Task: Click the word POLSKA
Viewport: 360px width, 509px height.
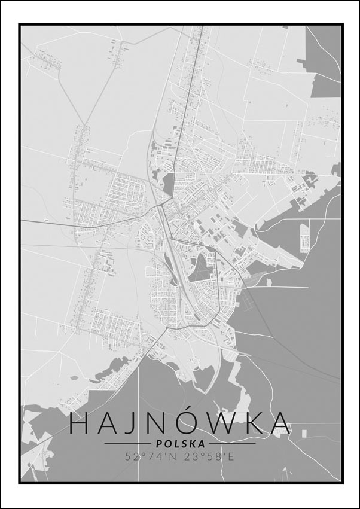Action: (x=179, y=444)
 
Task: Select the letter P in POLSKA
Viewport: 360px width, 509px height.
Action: (x=158, y=444)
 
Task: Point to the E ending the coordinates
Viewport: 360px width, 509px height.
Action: (x=231, y=456)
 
